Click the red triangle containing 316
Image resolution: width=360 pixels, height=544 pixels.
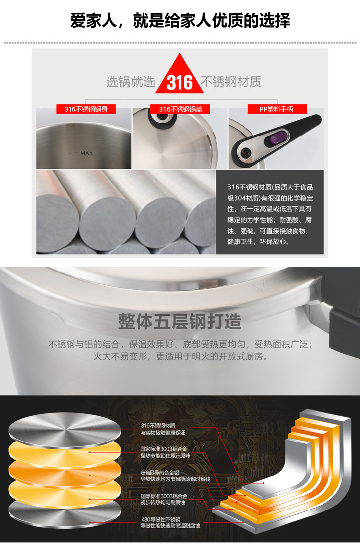point(180,78)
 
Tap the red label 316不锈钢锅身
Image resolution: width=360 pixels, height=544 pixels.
point(86,109)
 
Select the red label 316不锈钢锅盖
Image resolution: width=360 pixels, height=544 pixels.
point(180,109)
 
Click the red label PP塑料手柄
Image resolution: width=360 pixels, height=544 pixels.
point(277,109)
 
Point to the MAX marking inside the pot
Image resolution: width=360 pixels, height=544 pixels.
point(86,153)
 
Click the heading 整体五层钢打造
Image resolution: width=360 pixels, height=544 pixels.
point(180,321)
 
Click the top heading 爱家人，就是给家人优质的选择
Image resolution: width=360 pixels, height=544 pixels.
point(180,21)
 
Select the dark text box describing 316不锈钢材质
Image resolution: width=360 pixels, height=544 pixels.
point(270,212)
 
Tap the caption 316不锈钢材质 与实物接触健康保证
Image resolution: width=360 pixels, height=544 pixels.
point(163,429)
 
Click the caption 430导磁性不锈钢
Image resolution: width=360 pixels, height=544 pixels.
point(161,519)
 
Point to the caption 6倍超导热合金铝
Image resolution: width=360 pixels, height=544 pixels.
point(160,473)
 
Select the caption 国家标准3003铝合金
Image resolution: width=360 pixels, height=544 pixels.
point(164,449)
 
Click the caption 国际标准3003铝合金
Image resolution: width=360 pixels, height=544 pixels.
point(164,496)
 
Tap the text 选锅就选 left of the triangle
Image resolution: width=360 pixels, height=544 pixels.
point(131,82)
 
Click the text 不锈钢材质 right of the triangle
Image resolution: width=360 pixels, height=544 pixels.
point(231,82)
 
